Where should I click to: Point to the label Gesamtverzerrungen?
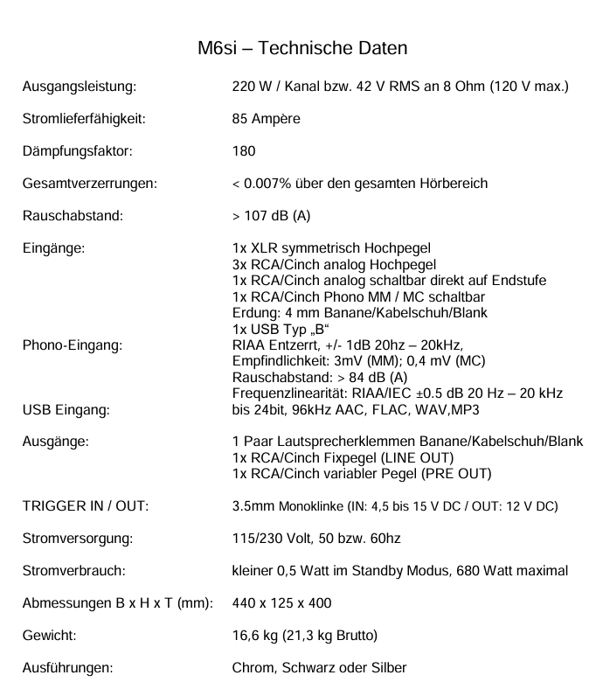click(90, 184)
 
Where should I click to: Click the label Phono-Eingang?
click(72, 344)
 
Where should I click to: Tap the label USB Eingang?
click(66, 409)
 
